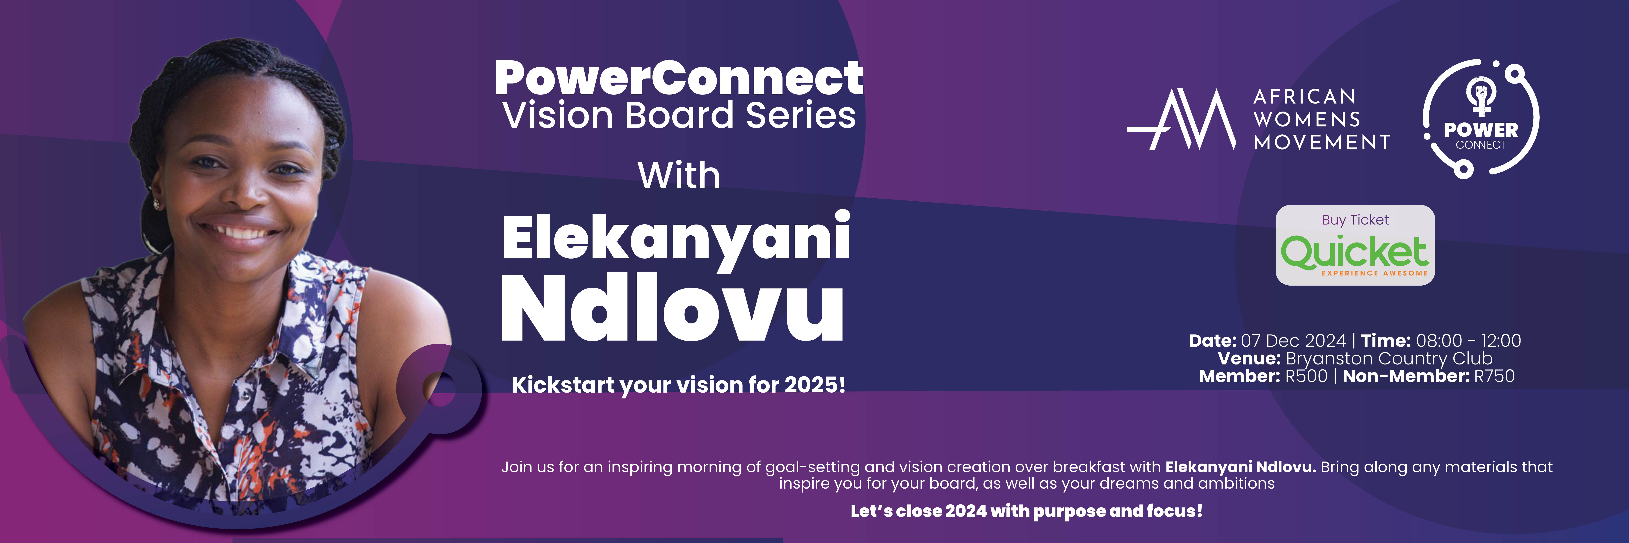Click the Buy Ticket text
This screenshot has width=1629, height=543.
(1355, 220)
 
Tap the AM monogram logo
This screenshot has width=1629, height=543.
(1181, 120)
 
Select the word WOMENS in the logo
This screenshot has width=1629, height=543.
(1306, 119)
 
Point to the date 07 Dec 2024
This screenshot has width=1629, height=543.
(1293, 341)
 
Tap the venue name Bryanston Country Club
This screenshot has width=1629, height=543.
(1389, 358)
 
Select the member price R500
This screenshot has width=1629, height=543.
(1306, 376)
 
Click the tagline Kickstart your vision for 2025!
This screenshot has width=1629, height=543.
(678, 384)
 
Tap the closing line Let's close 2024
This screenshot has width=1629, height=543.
(1026, 511)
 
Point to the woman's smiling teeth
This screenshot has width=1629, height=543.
(245, 233)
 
